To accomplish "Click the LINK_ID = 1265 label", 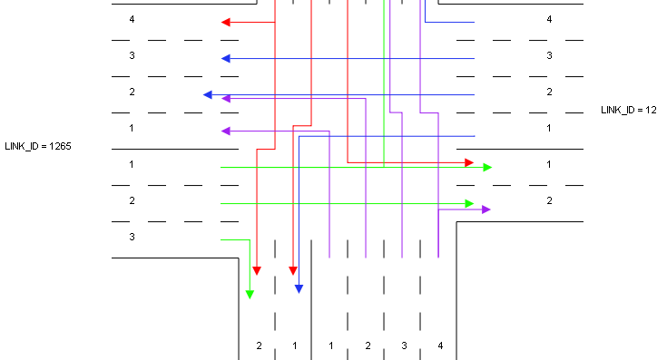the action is point(38,146).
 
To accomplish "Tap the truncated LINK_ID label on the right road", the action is point(629,110).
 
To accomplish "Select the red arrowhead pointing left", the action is point(226,22).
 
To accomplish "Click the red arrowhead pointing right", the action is point(469,162).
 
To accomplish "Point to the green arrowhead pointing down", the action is point(250,295).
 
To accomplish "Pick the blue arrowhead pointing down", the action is point(299,288).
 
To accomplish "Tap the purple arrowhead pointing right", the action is point(486,209).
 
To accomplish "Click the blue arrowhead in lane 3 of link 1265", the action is point(226,59).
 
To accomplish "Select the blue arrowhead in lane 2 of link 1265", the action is point(208,95).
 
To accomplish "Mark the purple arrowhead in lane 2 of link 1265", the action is point(226,99).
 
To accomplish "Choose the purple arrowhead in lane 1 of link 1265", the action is point(226,131).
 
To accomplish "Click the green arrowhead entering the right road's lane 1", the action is point(487,168).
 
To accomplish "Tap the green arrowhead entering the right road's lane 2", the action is point(469,203).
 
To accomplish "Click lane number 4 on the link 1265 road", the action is point(132,19).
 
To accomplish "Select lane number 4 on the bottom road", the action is point(440,345).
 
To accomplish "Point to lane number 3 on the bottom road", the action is point(404,345).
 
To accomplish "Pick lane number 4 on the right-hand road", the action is point(549,19).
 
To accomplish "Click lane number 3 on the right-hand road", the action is point(549,55).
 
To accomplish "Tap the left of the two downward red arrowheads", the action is point(257,270).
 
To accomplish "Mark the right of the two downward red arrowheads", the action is point(293,270).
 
